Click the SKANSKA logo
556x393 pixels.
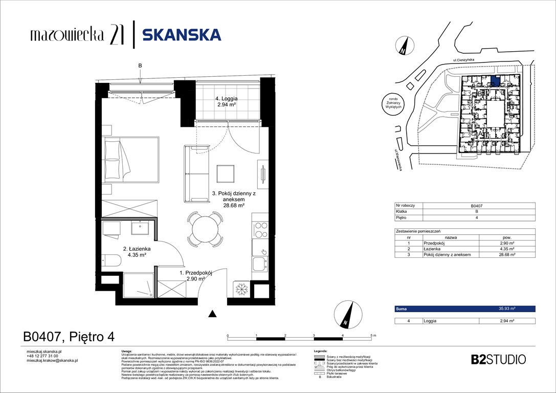point(182,34)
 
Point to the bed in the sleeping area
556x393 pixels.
point(130,159)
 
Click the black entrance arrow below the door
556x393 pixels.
point(212,314)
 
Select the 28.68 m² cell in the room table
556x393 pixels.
point(506,254)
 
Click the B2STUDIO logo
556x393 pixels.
point(498,359)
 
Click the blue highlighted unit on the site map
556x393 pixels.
point(495,80)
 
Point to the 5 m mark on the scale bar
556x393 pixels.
point(372,335)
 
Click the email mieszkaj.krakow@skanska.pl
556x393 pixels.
point(52,361)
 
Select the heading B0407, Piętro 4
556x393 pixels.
point(69,337)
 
